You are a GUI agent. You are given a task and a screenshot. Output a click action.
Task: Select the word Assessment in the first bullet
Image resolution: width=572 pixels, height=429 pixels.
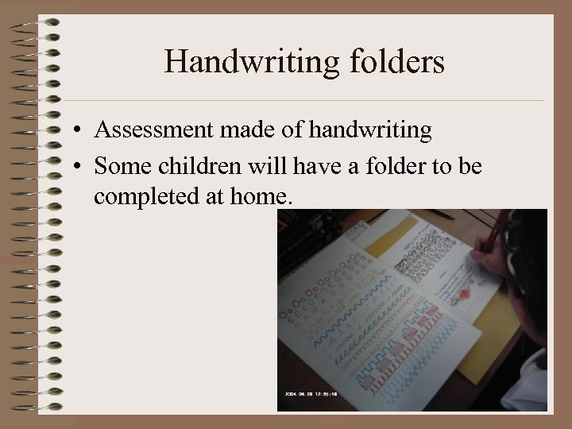click(149, 131)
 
